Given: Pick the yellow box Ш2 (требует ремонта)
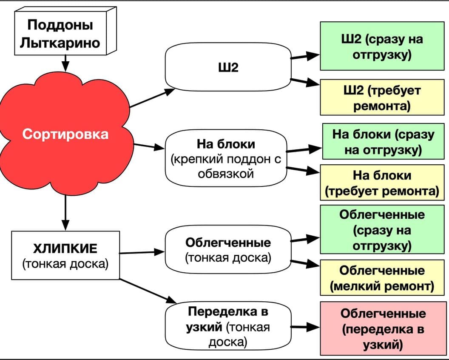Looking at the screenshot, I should [x=382, y=97].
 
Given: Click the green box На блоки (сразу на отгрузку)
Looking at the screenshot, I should [x=383, y=142].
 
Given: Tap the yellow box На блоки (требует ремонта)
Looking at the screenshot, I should [x=382, y=183].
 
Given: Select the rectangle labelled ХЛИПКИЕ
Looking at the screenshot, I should [x=65, y=255].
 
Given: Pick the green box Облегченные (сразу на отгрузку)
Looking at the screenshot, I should [x=382, y=230].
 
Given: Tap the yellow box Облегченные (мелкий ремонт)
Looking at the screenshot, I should [x=382, y=278].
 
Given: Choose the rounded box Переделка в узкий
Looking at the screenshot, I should [x=228, y=326].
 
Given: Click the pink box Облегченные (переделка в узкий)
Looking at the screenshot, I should [x=383, y=329].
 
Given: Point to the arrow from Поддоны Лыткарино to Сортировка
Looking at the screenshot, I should [x=65, y=64].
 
